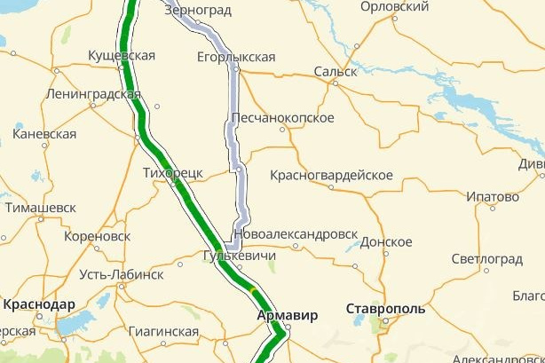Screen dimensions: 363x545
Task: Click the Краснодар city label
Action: pos(39,304)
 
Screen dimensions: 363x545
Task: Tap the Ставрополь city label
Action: pos(384,310)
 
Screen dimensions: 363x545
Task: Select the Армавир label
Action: pos(287,315)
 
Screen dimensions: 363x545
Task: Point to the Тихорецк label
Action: pos(173,172)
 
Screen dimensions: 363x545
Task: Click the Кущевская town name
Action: pos(122,56)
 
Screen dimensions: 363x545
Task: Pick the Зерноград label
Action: pos(198,12)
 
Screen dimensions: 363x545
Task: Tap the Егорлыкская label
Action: pos(236,58)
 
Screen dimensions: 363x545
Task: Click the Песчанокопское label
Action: pos(282,118)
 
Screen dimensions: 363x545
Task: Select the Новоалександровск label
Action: pos(296,235)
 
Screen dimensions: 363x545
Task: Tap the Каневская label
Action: pos(44,134)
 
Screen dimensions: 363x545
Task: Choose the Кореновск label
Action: pos(98,237)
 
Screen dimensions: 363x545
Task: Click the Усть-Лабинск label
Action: pos(121,274)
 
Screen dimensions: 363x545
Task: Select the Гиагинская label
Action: pos(163,332)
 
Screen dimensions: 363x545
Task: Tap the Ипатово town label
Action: pos(492,196)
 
